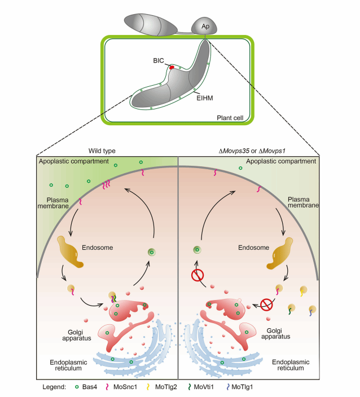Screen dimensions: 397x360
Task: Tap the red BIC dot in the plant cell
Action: pyautogui.click(x=172, y=67)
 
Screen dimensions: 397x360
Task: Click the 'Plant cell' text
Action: pyautogui.click(x=231, y=118)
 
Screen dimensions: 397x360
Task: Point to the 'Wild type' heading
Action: pyautogui.click(x=102, y=151)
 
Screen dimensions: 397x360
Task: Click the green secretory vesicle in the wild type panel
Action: pyautogui.click(x=151, y=252)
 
